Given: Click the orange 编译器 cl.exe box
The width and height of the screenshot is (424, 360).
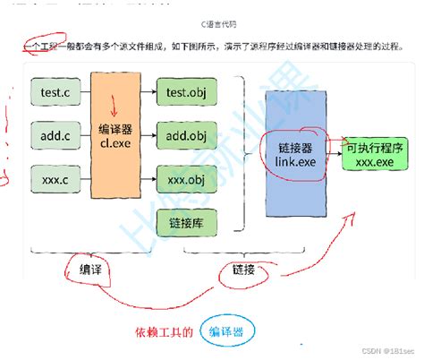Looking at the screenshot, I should (114, 135).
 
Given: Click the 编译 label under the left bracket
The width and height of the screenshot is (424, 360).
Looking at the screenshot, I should (89, 267).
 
